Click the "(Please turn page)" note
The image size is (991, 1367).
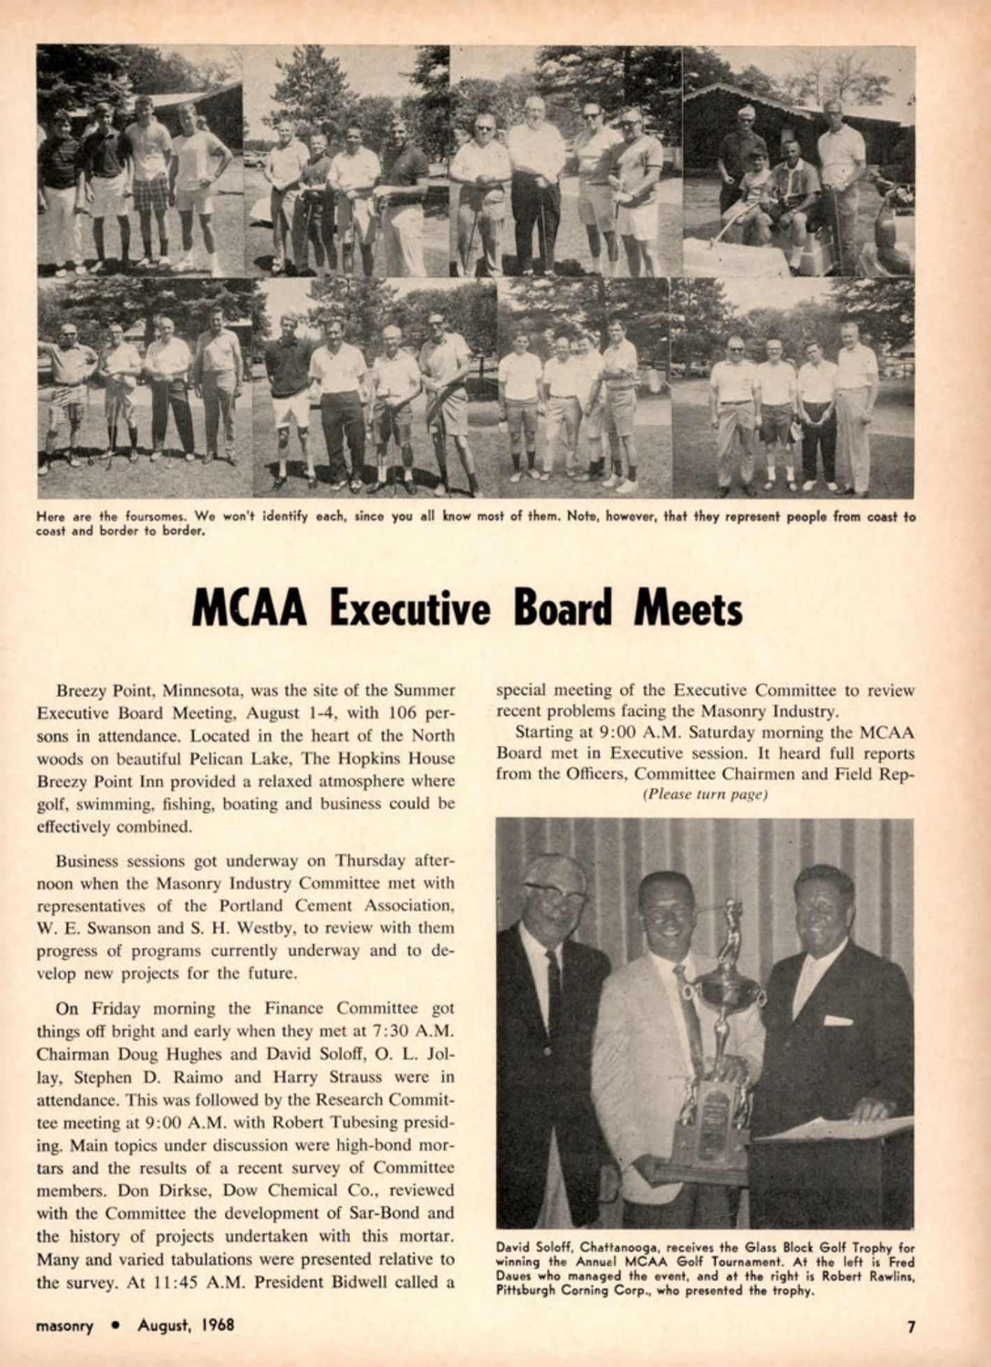[x=705, y=795]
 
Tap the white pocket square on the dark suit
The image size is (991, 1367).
[x=838, y=1021]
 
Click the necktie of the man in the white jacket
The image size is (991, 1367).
[x=689, y=1006]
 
